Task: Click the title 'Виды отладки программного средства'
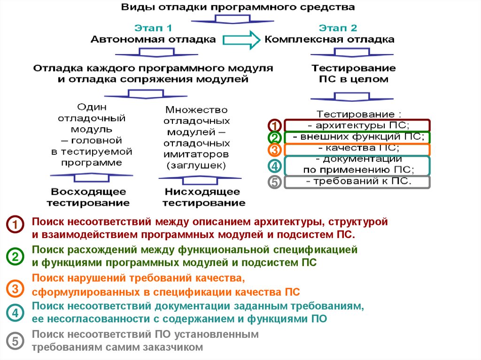[x=238, y=8]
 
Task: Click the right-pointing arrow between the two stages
[x=241, y=39]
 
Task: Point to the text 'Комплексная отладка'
[x=329, y=39]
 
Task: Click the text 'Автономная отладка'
[x=153, y=39]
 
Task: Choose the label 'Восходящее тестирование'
[x=89, y=197]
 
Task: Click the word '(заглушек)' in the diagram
[x=195, y=165]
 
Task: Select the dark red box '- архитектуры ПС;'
[x=357, y=125]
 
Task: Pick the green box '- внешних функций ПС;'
[x=357, y=138]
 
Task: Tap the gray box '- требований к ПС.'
[x=357, y=182]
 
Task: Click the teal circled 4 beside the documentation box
[x=275, y=166]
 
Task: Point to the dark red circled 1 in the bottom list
[x=15, y=225]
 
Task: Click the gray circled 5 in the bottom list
[x=15, y=341]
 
